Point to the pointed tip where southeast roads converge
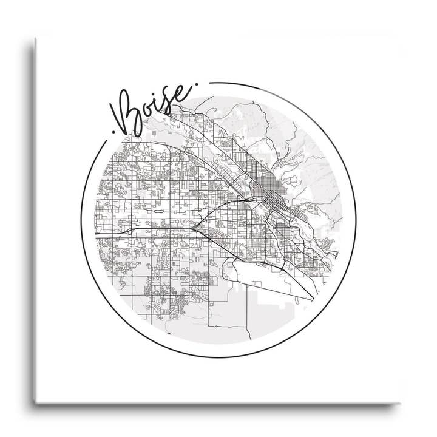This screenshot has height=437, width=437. click(314, 297)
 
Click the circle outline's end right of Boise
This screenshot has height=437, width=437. click(209, 83)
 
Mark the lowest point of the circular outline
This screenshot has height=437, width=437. click(218, 357)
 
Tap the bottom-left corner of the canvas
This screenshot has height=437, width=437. click(35, 401)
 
